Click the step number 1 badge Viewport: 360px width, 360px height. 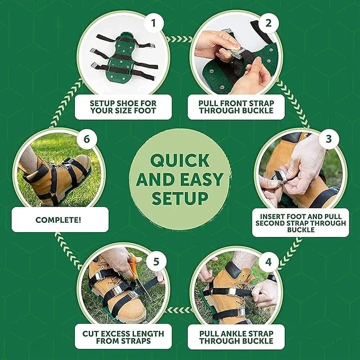[154, 23]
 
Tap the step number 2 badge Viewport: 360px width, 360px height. [268, 23]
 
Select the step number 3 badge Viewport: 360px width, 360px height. [329, 139]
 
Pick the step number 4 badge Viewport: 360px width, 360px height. [268, 262]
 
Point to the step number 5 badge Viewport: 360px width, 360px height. [156, 262]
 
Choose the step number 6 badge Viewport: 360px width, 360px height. [86, 139]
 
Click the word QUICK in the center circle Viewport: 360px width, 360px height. [180, 161]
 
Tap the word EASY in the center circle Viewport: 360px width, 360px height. [201, 179]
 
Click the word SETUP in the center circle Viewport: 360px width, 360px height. [180, 198]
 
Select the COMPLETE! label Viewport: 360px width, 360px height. [58, 220]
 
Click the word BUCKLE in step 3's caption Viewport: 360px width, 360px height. [301, 230]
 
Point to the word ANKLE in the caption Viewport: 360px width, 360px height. [236, 334]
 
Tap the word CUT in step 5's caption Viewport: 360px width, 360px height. [91, 334]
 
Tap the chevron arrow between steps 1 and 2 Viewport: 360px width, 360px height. [180, 39]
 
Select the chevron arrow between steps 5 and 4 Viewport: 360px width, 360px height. [180, 310]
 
